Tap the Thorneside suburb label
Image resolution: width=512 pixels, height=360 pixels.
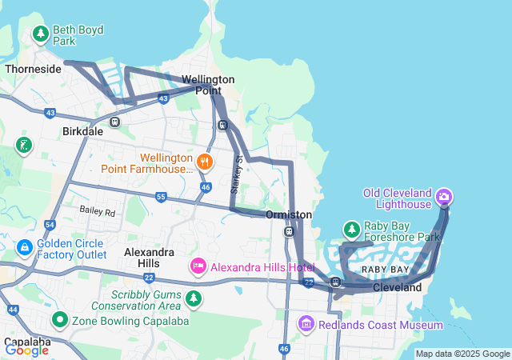(33, 69)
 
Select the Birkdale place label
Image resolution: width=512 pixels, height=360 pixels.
(82, 132)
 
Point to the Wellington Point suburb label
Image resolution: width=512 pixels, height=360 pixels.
(208, 85)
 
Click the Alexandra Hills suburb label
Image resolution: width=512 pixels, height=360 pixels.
(148, 257)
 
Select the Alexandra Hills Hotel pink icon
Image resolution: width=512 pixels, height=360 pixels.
(198, 265)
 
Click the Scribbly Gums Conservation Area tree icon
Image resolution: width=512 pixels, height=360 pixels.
(193, 299)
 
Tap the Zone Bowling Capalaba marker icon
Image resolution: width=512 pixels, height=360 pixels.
(58, 320)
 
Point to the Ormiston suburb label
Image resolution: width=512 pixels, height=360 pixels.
(288, 215)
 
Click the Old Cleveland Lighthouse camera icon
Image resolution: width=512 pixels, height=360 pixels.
(445, 196)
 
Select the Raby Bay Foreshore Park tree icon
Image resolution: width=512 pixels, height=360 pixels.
(351, 230)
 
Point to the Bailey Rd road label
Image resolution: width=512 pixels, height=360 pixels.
(98, 213)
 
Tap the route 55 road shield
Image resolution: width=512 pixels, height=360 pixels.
(161, 197)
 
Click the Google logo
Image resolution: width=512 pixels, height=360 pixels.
(26, 350)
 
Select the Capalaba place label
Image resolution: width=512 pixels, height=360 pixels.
(26, 341)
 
